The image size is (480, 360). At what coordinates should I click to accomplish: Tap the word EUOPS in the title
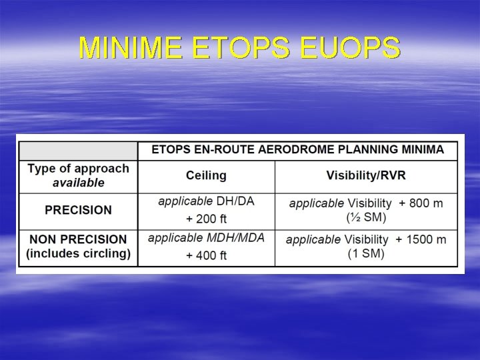tap(350, 48)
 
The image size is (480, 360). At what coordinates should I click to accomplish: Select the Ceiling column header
tap(206, 176)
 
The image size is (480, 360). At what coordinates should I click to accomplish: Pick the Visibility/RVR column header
tap(366, 176)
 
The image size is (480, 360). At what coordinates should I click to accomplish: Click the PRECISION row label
tap(78, 210)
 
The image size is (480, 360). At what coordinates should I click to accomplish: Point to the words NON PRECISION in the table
tap(77, 239)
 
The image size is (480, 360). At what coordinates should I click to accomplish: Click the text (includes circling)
tap(78, 253)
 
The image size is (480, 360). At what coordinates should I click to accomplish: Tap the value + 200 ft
tap(206, 219)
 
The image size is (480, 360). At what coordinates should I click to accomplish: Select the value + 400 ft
tap(206, 255)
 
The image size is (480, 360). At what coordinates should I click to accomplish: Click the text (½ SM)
tap(366, 217)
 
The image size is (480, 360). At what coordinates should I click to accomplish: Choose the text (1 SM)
tap(366, 254)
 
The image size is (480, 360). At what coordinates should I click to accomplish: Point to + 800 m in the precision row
tap(421, 203)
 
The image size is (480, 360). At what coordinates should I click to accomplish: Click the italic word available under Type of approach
tap(78, 183)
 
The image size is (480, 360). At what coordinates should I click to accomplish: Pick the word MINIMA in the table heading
tap(422, 150)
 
